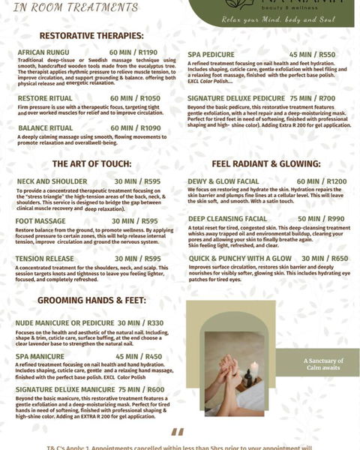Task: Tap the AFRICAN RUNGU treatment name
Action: (x=43, y=52)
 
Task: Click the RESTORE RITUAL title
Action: (x=45, y=98)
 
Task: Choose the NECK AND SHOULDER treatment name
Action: (x=52, y=181)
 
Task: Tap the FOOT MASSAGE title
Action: (x=41, y=221)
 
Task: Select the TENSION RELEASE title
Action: (x=45, y=259)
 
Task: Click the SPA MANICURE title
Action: (x=40, y=356)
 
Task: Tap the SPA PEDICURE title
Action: (x=211, y=55)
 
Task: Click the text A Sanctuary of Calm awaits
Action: (x=323, y=364)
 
